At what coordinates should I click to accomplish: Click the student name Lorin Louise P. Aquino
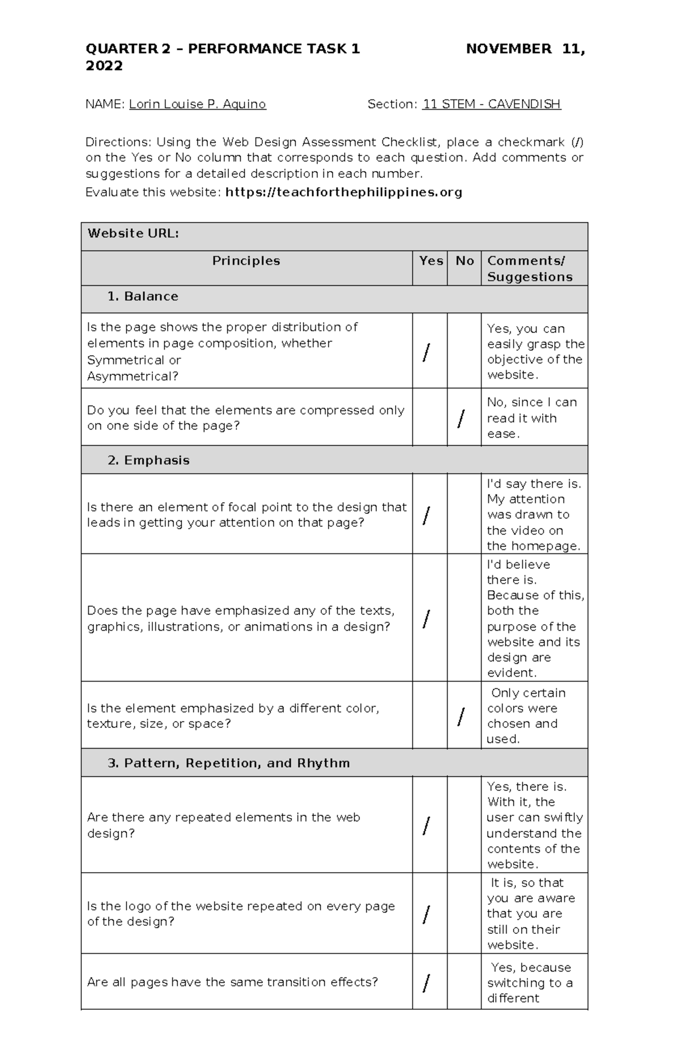click(197, 104)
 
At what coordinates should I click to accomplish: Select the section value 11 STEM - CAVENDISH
click(491, 104)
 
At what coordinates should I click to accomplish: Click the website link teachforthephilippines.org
click(343, 192)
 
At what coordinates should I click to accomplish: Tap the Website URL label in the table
click(133, 233)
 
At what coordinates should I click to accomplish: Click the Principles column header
click(246, 261)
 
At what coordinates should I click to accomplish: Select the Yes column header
click(431, 261)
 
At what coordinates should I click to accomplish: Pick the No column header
click(464, 261)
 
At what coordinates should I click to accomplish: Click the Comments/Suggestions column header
click(530, 268)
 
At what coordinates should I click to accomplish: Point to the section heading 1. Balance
click(143, 296)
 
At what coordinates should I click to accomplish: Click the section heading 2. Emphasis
click(148, 461)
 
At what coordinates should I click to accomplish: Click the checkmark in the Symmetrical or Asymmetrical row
click(425, 354)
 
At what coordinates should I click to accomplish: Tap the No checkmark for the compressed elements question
click(461, 419)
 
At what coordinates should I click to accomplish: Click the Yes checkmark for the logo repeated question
click(425, 915)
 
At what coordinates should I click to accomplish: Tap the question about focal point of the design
click(246, 515)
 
